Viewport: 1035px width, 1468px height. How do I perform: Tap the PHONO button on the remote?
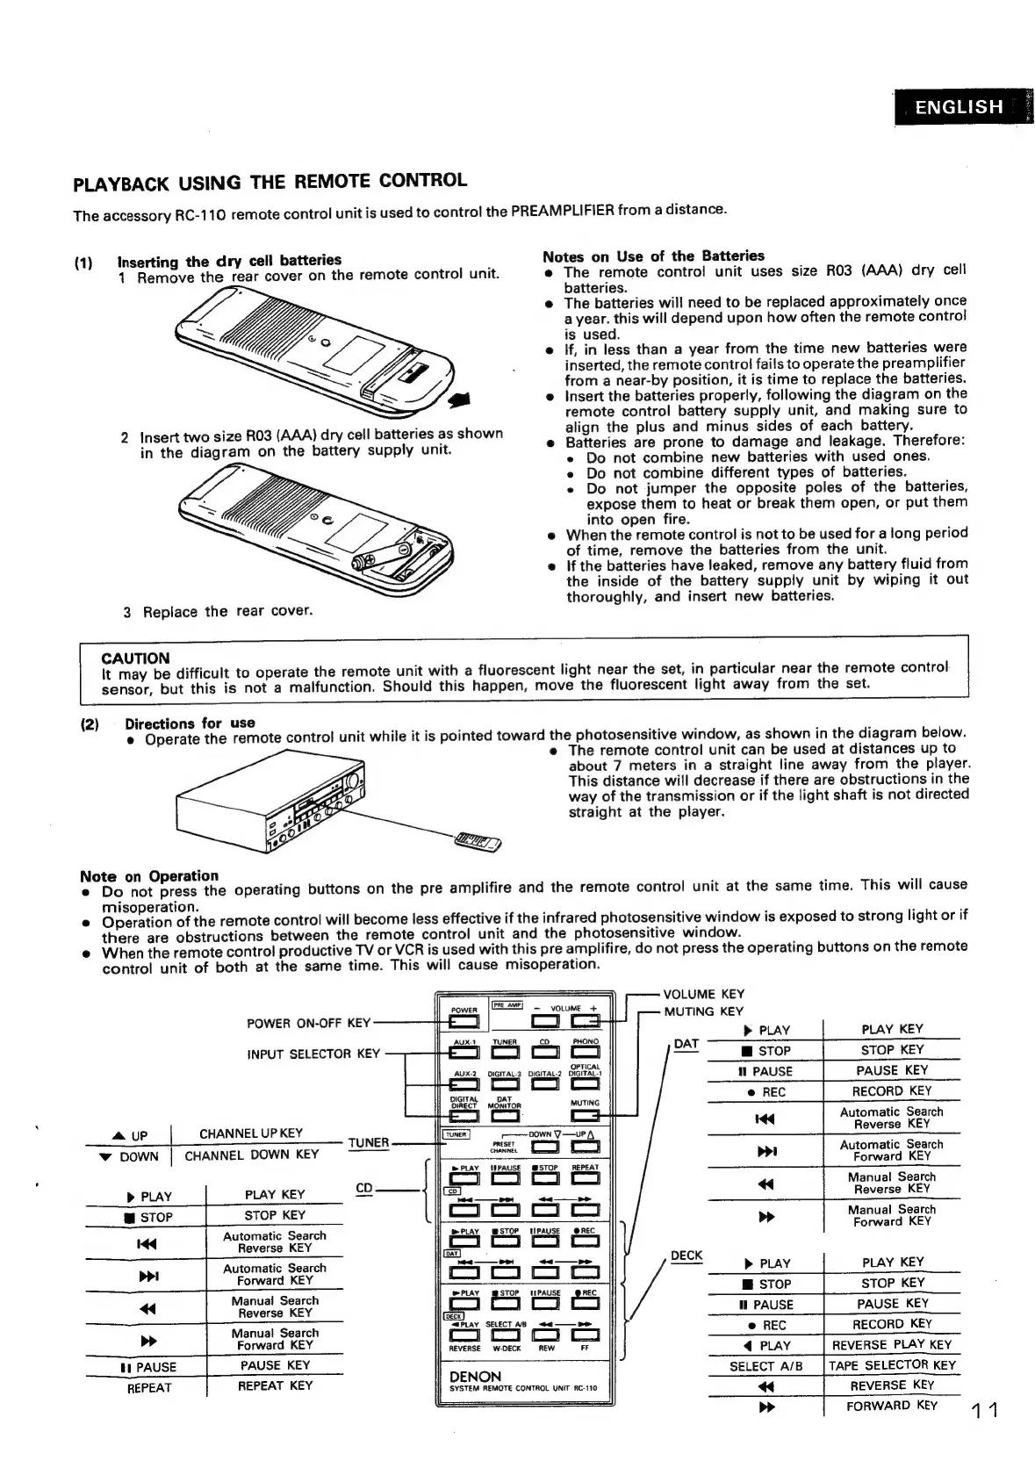[x=586, y=1054]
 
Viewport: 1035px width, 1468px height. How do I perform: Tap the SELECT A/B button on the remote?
[x=504, y=1336]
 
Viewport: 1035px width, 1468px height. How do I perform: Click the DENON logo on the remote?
[x=475, y=1377]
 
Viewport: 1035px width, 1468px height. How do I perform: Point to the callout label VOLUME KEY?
[x=703, y=994]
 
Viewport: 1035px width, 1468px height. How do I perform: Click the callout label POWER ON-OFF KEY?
[x=309, y=1023]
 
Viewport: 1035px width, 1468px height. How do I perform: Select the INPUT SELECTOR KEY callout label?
[x=313, y=1054]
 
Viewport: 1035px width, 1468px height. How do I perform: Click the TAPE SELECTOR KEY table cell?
[x=892, y=1365]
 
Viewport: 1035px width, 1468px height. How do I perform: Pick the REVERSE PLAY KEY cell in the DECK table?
[x=892, y=1344]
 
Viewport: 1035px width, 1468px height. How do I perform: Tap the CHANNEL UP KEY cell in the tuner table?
[x=251, y=1133]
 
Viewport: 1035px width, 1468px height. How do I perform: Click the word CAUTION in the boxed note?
[x=135, y=658]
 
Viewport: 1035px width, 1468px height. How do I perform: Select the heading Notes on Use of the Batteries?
[x=653, y=256]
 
